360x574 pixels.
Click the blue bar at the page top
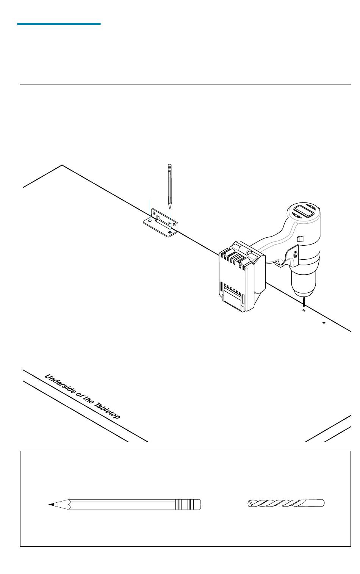point(59,24)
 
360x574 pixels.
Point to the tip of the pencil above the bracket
point(170,208)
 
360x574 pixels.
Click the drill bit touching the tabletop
point(304,303)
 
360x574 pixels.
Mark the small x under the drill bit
point(304,311)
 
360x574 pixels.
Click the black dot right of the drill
point(324,323)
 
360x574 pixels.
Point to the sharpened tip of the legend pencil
point(50,505)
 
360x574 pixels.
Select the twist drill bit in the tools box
point(286,503)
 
